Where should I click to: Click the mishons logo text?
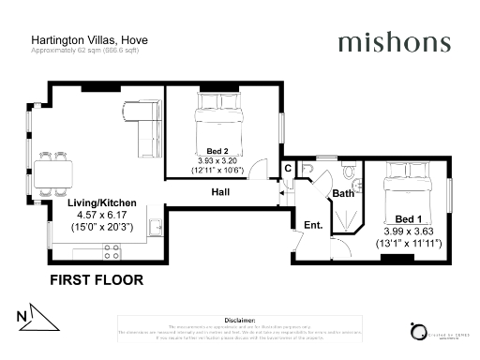coord(394,42)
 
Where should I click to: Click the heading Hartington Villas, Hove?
coord(89,40)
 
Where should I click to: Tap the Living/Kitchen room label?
coord(102,202)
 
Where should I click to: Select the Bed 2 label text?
coord(217,150)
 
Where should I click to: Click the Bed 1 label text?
coord(408,217)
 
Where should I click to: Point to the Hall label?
coord(220,192)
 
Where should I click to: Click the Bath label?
coord(343,193)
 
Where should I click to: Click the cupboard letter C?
coord(289,169)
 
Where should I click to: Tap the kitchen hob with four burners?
coord(111,251)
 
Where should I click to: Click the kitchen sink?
coord(157,228)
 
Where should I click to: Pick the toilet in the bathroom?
coord(348,172)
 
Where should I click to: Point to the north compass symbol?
coord(33,317)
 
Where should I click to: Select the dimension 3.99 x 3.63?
coord(408,231)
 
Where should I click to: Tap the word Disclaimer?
coord(240,320)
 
